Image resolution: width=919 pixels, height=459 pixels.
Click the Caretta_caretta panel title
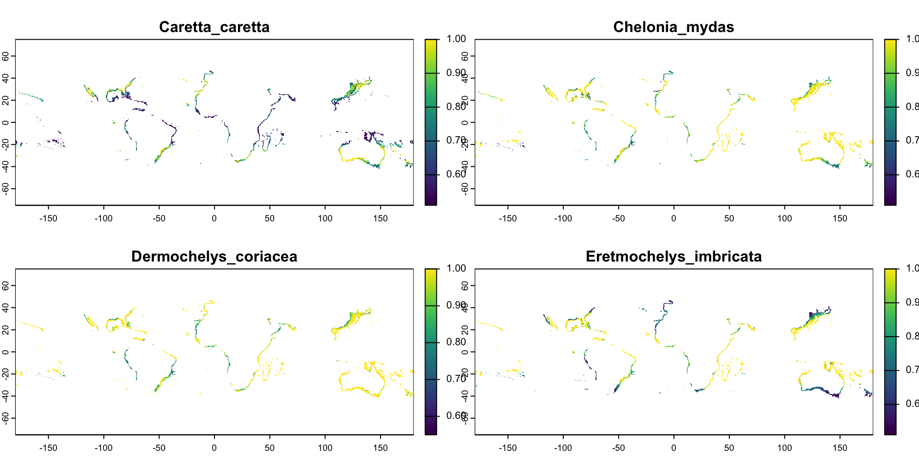[x=214, y=27]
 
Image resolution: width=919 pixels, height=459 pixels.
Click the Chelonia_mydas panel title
[x=673, y=27]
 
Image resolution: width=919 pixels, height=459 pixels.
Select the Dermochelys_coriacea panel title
[x=214, y=257]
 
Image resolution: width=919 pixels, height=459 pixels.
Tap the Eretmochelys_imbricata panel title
[x=673, y=257]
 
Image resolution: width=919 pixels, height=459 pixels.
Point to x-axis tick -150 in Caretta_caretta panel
[x=48, y=219]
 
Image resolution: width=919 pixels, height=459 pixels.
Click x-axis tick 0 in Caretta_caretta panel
[x=214, y=219]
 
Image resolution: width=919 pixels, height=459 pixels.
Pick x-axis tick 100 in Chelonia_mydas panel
[x=785, y=219]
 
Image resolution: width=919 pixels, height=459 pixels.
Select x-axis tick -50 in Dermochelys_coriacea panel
[x=159, y=448]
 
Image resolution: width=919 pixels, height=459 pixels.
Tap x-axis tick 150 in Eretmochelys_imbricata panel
[x=840, y=448]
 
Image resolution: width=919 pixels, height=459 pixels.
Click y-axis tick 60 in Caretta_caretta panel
[x=6, y=56]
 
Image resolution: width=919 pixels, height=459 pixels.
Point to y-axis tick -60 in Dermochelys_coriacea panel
[x=6, y=418]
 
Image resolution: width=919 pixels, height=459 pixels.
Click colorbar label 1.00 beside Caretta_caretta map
[x=456, y=39]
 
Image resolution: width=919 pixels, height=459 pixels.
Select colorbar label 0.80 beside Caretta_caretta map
[x=456, y=107]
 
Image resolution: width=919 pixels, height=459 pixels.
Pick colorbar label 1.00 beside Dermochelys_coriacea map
[x=456, y=269]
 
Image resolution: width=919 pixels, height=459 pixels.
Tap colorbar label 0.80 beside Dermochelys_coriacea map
[x=456, y=342]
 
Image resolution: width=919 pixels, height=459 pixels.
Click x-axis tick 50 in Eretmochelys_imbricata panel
[x=729, y=448]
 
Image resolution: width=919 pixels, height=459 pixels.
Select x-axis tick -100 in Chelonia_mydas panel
[x=563, y=219]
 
